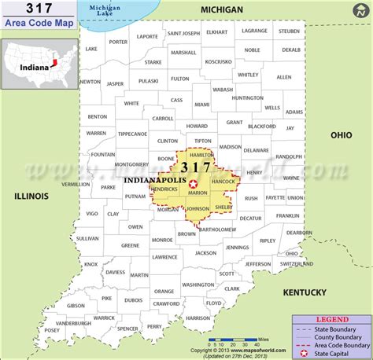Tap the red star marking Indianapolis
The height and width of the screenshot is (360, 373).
coord(194,183)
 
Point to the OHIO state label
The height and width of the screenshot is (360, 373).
coord(341,134)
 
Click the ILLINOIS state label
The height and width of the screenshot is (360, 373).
coord(31,196)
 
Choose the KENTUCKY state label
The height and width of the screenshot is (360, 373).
coord(305,292)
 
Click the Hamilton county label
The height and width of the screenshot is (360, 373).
coord(201,156)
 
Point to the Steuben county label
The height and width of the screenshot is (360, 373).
coord(290,31)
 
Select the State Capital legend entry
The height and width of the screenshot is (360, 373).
coord(336,350)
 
